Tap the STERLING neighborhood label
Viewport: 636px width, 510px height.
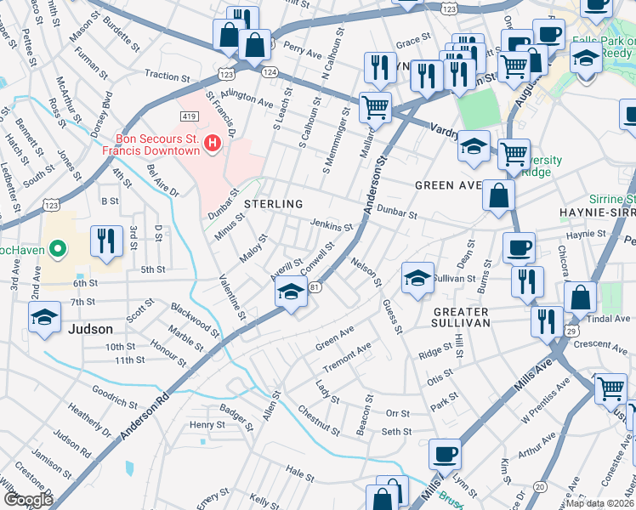tap(274, 204)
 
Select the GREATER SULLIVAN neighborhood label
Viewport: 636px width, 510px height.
tap(456, 315)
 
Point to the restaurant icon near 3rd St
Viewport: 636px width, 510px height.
tap(106, 241)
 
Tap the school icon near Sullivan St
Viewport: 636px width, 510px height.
tap(417, 277)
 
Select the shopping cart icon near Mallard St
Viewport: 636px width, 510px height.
tap(375, 108)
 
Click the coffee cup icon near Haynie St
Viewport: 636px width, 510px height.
tap(518, 248)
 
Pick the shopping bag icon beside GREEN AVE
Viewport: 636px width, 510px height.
tap(498, 195)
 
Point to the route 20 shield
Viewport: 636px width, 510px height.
tap(540, 486)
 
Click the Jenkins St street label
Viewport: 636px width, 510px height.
tap(332, 225)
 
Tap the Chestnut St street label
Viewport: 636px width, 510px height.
tap(320, 422)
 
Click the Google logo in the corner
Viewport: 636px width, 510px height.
tap(28, 500)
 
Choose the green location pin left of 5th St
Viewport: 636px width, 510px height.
tap(57, 249)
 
